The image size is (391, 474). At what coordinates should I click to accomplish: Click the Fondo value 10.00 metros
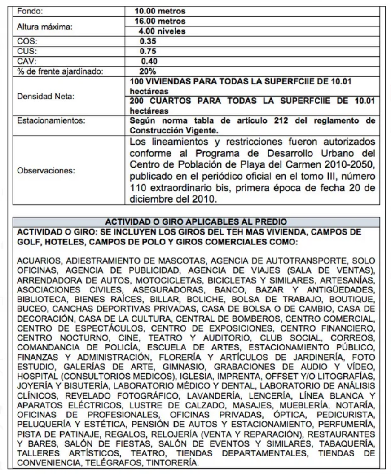coord(160,11)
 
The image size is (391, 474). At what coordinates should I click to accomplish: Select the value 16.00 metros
coord(160,21)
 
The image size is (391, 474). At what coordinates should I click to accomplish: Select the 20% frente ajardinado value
coord(147,71)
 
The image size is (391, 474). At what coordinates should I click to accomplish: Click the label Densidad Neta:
coord(40,96)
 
